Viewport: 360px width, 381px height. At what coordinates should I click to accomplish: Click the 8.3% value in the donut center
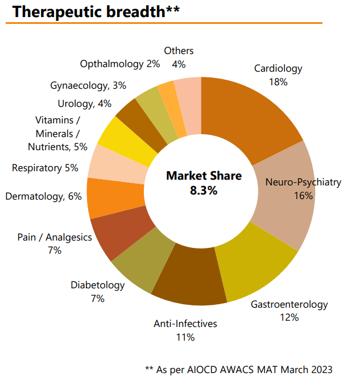tap(203, 191)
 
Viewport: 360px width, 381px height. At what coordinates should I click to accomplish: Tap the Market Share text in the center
tap(204, 176)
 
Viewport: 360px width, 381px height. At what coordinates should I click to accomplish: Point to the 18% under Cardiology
tap(278, 81)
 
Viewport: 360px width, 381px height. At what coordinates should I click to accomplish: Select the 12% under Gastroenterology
tap(289, 317)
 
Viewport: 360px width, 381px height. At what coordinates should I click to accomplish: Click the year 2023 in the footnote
tap(320, 370)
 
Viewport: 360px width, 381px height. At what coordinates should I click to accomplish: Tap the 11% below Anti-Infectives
tap(185, 337)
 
